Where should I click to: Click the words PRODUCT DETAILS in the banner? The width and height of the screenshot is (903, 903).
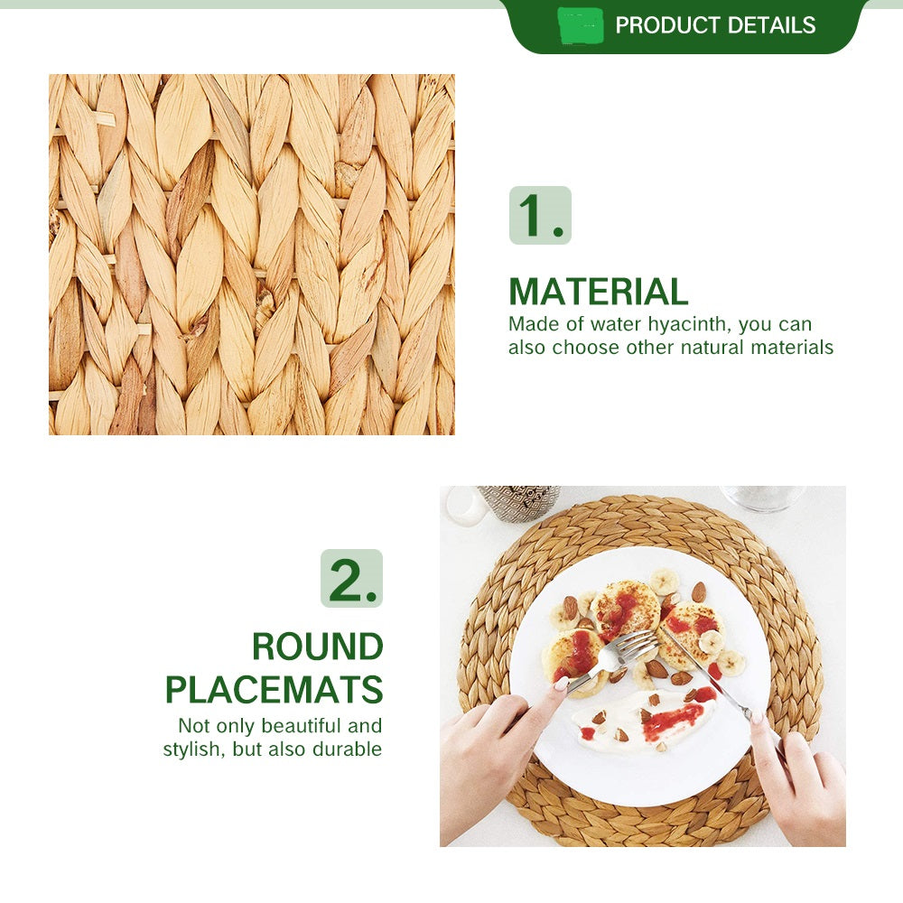click(x=715, y=25)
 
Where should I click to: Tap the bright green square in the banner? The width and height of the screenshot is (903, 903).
click(x=581, y=26)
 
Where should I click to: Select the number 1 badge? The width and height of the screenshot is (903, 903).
click(x=540, y=216)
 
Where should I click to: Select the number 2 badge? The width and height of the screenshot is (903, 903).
click(x=351, y=578)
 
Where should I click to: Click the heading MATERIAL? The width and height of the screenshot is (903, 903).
click(x=599, y=292)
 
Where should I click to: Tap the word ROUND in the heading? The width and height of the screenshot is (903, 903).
click(x=317, y=647)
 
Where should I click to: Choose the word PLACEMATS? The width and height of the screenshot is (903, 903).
click(x=275, y=689)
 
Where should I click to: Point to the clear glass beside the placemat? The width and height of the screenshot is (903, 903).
click(x=761, y=498)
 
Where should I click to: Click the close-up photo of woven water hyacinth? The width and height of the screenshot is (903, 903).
click(x=252, y=255)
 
